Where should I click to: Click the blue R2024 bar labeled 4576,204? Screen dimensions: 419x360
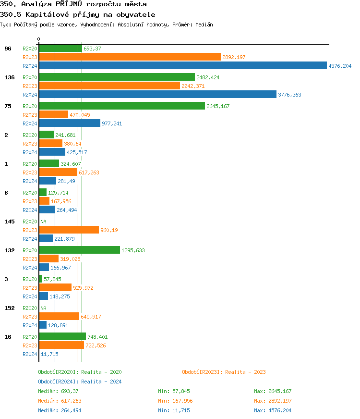point(182,66)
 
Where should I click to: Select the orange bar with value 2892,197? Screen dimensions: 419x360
point(130,57)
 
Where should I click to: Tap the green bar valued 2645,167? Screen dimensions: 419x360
point(122,106)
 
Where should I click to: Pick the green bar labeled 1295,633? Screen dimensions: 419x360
point(79,250)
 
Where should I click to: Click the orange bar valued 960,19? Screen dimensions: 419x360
point(69,230)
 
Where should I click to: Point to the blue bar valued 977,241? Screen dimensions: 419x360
point(70,123)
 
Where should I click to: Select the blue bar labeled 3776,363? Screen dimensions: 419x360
point(157,95)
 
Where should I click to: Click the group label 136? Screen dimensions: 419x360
point(9,77)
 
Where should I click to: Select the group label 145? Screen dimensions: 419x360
point(9,222)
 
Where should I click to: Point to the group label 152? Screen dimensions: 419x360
point(9,308)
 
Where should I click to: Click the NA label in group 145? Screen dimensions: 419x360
point(43,222)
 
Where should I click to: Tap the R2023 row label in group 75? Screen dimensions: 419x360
point(30,115)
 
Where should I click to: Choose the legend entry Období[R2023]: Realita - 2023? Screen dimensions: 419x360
point(224,372)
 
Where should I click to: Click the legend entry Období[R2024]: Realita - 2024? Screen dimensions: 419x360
point(80,382)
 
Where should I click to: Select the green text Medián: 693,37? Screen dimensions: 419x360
point(58,391)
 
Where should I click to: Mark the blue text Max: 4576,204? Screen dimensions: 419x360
point(273,410)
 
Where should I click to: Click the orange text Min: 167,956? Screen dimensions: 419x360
point(175,401)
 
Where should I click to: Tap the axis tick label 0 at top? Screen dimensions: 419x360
point(39,39)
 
